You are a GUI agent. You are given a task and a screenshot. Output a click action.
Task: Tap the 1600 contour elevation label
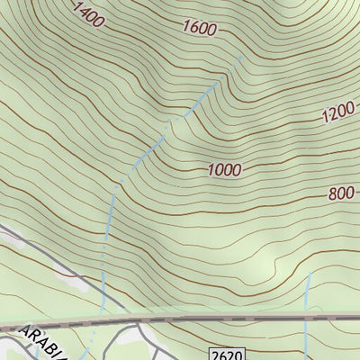point(198,29)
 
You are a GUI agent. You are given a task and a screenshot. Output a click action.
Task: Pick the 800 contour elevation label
point(341,193)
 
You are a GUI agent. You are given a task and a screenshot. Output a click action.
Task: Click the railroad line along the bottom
point(225,319)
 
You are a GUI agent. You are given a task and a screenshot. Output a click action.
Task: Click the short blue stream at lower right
point(307,297)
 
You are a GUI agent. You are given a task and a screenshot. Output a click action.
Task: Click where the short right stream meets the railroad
point(307,319)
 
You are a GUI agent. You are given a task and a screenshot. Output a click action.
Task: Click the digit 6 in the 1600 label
point(192,27)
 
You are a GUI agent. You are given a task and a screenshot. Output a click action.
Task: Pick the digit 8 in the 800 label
point(332,193)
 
